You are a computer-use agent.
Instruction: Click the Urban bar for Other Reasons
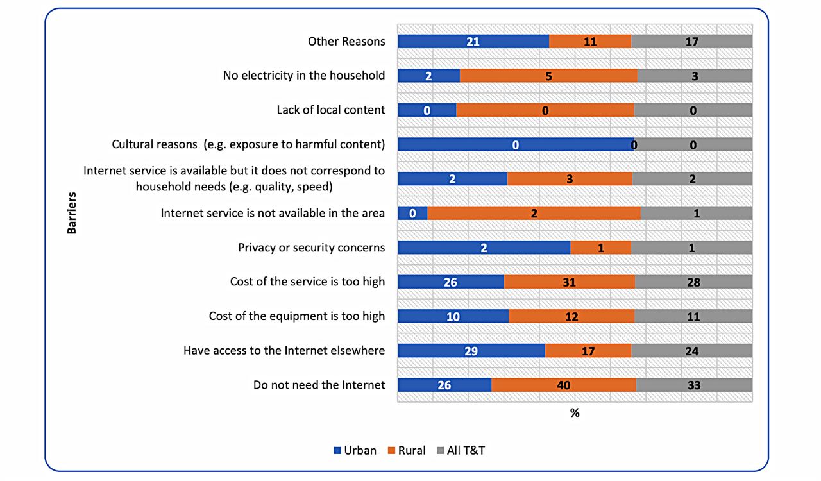tap(473, 42)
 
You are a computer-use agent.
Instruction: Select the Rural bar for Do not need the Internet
tap(563, 385)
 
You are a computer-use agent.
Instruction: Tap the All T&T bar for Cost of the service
tap(693, 282)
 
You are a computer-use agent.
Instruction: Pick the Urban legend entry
tap(355, 450)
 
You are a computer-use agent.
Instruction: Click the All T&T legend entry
tap(460, 450)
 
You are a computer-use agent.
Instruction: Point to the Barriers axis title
tap(72, 212)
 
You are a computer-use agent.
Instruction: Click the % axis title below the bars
tap(575, 413)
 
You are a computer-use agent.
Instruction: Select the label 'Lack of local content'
tap(331, 110)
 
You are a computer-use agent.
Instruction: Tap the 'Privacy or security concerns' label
tap(312, 248)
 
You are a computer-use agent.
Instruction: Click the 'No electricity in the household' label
tap(304, 76)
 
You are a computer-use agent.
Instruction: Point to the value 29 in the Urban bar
tap(471, 351)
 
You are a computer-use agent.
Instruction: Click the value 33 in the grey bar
tap(693, 385)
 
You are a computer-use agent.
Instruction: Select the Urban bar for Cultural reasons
tap(516, 144)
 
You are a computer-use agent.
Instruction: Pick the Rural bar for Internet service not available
tap(534, 213)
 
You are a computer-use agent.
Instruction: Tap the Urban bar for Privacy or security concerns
tap(484, 248)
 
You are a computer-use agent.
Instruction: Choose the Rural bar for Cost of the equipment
tap(571, 316)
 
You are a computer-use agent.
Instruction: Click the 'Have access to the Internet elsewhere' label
tap(284, 351)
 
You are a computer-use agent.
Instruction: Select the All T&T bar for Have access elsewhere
tap(691, 351)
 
